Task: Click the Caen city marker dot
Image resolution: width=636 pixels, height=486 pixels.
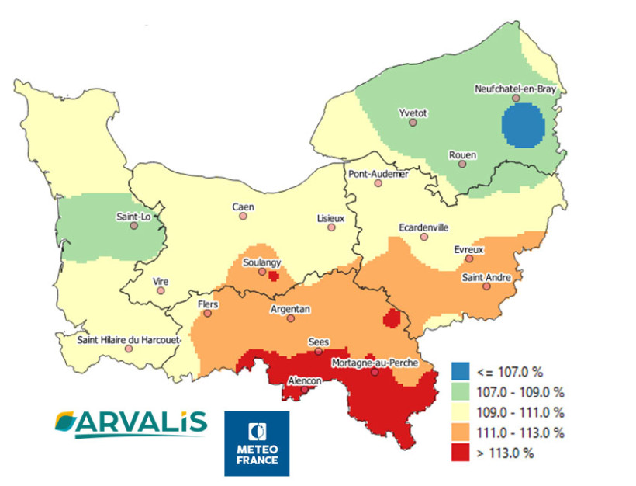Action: click(243, 217)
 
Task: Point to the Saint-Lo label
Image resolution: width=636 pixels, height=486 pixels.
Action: click(133, 216)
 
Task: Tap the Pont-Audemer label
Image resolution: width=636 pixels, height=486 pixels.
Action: click(378, 174)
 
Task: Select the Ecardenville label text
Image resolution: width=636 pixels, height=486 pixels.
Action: click(423, 227)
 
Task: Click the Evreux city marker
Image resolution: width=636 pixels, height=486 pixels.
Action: click(469, 259)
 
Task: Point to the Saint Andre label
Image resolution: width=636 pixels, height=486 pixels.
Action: click(486, 277)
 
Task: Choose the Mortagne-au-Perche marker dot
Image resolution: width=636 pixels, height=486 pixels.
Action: click(375, 373)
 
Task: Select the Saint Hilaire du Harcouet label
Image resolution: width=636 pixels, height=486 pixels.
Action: click(129, 339)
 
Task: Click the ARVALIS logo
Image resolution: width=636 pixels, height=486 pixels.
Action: click(131, 422)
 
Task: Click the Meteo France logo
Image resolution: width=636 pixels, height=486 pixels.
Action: click(256, 443)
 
